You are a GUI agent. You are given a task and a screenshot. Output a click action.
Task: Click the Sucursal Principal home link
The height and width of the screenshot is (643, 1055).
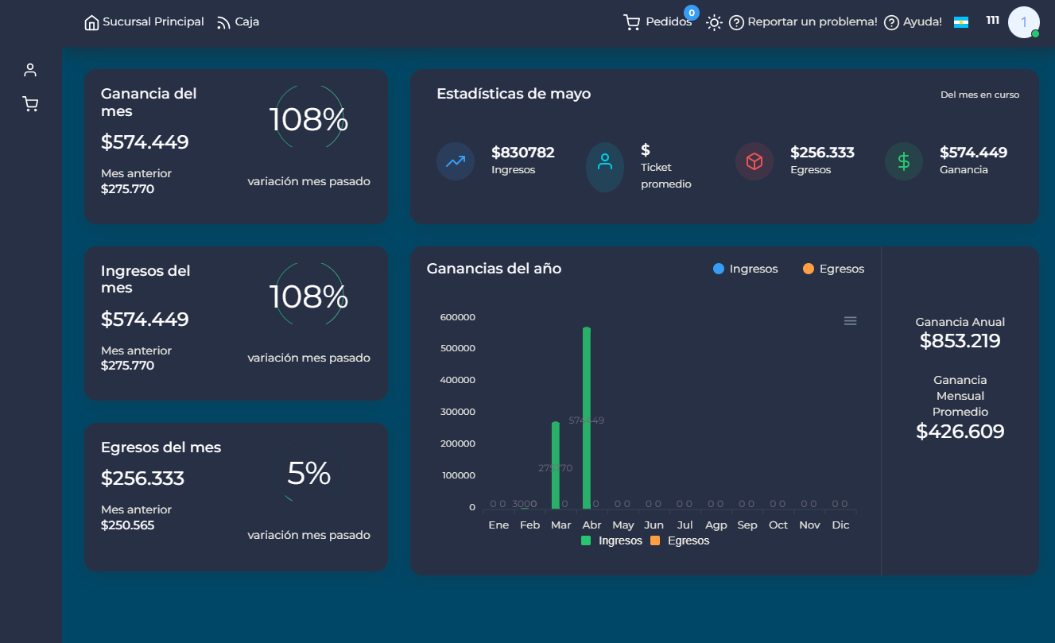[144, 22]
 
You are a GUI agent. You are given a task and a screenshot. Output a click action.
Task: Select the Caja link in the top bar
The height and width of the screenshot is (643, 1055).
[238, 22]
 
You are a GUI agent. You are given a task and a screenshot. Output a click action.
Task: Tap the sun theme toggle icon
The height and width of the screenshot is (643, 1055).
[714, 22]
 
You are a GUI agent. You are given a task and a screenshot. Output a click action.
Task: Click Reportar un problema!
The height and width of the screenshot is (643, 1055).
[803, 22]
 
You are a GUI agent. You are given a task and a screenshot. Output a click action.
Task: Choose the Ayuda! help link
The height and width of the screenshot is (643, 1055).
[913, 22]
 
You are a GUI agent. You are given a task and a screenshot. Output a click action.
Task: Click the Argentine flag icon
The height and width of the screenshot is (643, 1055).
[960, 22]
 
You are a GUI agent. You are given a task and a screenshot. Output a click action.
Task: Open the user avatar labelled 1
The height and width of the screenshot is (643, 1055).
[1023, 22]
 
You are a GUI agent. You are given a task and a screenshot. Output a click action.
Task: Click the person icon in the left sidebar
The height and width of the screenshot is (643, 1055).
[30, 70]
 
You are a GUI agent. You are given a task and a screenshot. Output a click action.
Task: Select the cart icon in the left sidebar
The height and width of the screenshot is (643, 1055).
[30, 104]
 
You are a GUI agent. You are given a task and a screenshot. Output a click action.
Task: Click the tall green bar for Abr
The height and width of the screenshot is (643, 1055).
[587, 417]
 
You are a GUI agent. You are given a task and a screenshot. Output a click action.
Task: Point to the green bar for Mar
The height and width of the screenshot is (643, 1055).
[556, 465]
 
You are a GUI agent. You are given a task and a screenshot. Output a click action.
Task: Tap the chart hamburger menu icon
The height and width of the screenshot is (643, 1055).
[850, 321]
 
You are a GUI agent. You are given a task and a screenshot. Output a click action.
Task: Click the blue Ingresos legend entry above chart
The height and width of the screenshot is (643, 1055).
[745, 269]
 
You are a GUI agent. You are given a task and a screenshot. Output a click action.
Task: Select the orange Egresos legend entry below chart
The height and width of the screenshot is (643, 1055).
[680, 540]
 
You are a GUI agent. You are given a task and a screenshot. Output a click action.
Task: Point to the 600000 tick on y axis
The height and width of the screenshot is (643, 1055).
[457, 317]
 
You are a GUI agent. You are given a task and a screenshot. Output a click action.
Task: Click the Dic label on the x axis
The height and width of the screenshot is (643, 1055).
[840, 525]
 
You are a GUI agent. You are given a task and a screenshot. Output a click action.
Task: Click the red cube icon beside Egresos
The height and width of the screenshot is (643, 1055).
[754, 161]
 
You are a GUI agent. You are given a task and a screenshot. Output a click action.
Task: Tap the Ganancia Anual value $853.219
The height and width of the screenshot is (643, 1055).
[960, 341]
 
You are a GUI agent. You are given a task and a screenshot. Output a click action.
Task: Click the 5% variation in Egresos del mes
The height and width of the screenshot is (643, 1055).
[308, 474]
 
